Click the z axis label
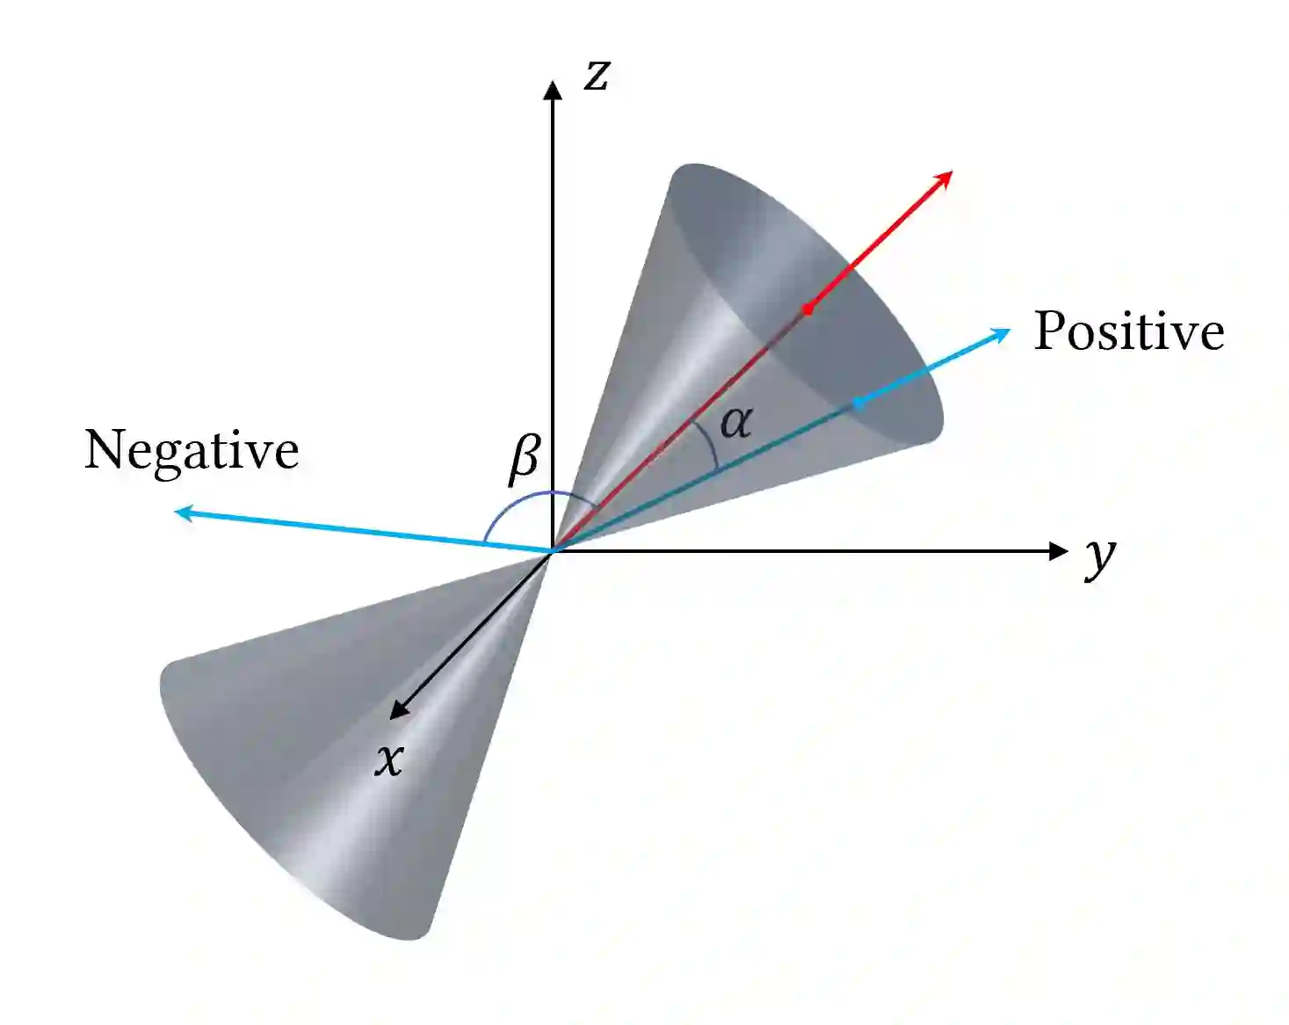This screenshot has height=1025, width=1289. click(597, 75)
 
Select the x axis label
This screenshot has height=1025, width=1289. click(389, 758)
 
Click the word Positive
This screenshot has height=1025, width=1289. click(1128, 331)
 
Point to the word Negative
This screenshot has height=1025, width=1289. click(192, 450)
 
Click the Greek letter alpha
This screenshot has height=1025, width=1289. click(735, 423)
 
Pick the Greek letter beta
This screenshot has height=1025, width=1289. click(525, 458)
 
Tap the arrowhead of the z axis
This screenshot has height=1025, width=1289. click(552, 90)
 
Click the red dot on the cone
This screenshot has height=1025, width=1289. click(807, 309)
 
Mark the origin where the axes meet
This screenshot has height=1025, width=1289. click(552, 551)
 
